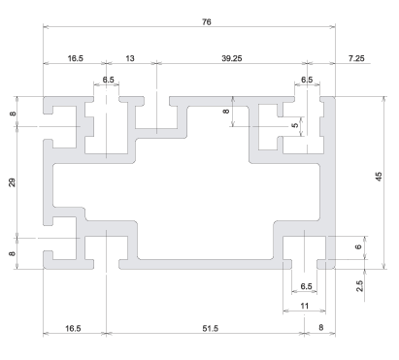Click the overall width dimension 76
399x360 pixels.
pyautogui.click(x=207, y=22)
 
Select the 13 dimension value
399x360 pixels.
pyautogui.click(x=129, y=58)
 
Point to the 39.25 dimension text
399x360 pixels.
pyautogui.click(x=232, y=58)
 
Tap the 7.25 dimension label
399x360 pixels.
pyautogui.click(x=356, y=58)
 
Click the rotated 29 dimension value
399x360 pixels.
pyautogui.click(x=12, y=182)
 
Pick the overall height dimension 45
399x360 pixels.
pyautogui.click(x=379, y=177)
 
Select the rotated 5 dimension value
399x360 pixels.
pyautogui.click(x=295, y=125)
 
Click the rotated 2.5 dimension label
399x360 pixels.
pyautogui.click(x=359, y=286)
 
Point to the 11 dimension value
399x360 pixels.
pyautogui.click(x=305, y=306)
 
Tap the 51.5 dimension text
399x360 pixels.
pyautogui.click(x=211, y=329)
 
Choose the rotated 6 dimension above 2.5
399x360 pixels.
pyautogui.click(x=358, y=246)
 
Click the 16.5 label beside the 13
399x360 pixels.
pyautogui.click(x=76, y=58)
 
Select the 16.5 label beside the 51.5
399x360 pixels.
pyautogui.click(x=73, y=329)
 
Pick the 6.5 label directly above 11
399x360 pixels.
pyautogui.click(x=306, y=286)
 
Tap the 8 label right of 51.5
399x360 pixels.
pyautogui.click(x=320, y=328)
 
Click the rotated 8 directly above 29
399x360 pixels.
pyautogui.click(x=13, y=114)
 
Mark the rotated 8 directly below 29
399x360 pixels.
pyautogui.click(x=12, y=253)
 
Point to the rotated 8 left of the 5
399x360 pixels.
pyautogui.click(x=226, y=111)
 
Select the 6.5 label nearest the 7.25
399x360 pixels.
pyautogui.click(x=307, y=80)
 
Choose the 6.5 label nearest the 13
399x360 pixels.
pyautogui.click(x=109, y=80)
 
